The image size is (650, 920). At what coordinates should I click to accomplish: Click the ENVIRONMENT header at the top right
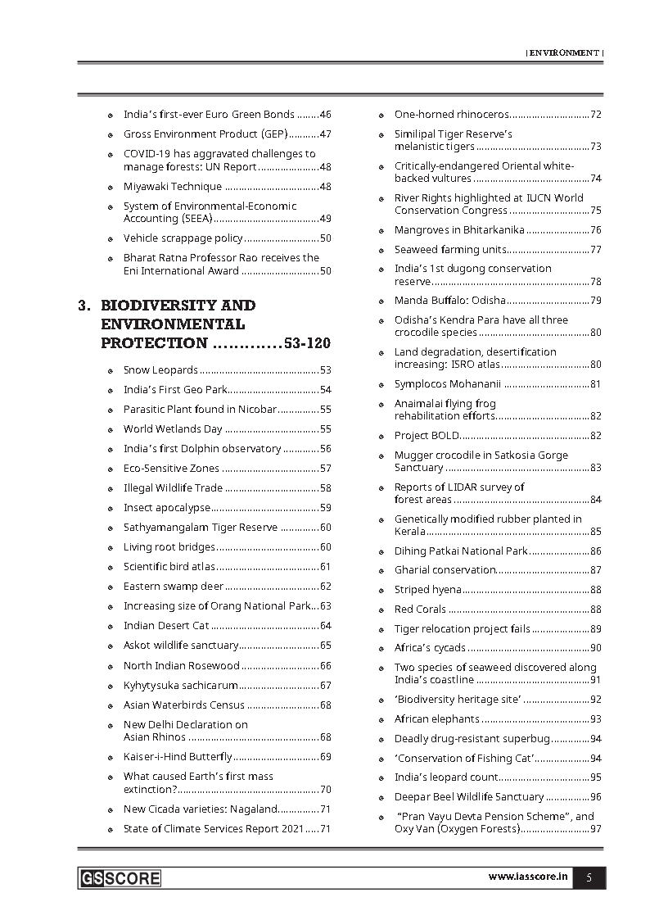[x=564, y=52]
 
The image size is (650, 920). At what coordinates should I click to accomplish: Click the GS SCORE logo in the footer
[x=120, y=878]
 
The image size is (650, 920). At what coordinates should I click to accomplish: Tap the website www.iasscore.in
[x=528, y=877]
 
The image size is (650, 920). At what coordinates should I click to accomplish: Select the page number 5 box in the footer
[x=589, y=877]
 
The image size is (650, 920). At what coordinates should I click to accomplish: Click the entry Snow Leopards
[x=160, y=369]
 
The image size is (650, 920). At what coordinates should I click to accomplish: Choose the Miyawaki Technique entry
[x=172, y=186]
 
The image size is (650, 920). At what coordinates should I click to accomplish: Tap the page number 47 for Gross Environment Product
[x=325, y=134]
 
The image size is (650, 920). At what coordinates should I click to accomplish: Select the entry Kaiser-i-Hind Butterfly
[x=178, y=756]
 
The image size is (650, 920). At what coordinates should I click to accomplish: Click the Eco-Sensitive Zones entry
[x=171, y=468]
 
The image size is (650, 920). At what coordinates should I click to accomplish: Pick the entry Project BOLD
[x=427, y=435]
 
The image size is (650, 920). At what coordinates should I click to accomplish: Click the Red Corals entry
[x=420, y=609]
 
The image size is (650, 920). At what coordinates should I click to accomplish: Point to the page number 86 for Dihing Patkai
[x=595, y=551]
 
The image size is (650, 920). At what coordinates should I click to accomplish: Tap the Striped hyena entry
[x=427, y=589]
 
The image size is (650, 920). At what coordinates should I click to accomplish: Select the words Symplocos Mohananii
[x=447, y=383]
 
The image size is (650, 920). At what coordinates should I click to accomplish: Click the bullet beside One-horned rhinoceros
[x=382, y=115]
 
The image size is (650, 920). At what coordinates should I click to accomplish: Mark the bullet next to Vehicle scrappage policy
[x=111, y=238]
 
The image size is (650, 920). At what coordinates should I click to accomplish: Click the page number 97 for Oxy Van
[x=595, y=828]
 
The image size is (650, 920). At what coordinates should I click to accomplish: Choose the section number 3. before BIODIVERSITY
[x=84, y=305]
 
